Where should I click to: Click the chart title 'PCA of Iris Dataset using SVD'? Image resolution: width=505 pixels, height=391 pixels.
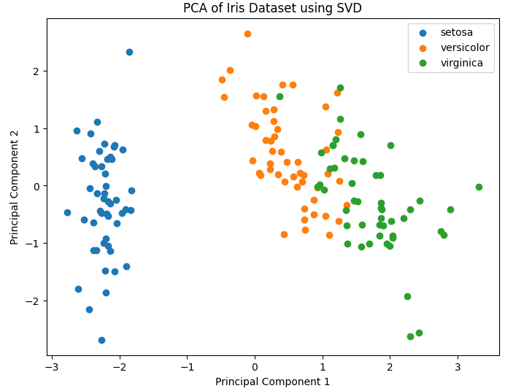[273, 9]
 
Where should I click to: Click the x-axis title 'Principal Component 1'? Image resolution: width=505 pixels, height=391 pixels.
[272, 382]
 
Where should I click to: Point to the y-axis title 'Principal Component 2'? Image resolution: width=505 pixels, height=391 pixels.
[15, 187]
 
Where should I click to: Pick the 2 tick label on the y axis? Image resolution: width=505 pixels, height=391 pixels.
[37, 71]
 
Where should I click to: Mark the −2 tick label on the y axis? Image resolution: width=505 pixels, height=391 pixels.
[34, 301]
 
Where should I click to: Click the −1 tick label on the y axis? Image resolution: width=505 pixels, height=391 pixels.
[34, 244]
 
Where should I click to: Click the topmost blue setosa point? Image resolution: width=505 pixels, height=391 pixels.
[129, 52]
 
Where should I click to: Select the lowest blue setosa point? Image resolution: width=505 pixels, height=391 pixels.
[101, 340]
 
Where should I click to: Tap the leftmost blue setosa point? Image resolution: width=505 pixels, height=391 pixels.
[67, 212]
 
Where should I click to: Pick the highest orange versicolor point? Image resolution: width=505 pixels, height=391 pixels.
[247, 34]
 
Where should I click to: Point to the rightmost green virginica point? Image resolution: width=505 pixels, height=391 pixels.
[479, 187]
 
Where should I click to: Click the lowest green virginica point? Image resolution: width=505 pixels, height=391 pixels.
[410, 336]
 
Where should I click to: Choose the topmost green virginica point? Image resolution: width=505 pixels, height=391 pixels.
[340, 88]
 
